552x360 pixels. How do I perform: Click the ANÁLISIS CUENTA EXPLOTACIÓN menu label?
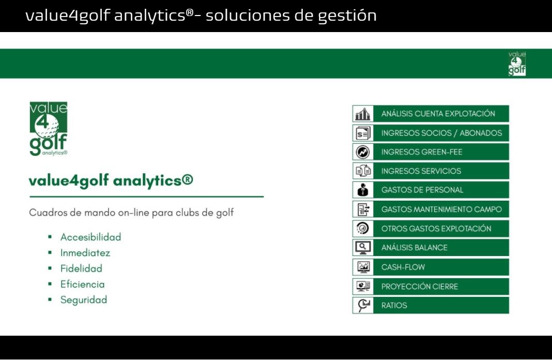(438, 113)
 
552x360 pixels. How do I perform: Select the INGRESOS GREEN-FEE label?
(422, 152)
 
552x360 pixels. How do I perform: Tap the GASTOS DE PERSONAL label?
(422, 190)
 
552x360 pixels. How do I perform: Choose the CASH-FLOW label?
(403, 267)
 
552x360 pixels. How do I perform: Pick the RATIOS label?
(394, 305)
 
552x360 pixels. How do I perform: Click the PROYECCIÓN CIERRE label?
(420, 287)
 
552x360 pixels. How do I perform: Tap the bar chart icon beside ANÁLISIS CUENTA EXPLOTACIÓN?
(363, 114)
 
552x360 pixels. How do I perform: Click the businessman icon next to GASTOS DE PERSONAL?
(363, 190)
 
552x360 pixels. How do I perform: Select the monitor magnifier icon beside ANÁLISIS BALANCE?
(363, 248)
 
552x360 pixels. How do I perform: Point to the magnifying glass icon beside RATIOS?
(363, 305)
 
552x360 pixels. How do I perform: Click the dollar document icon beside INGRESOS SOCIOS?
(363, 133)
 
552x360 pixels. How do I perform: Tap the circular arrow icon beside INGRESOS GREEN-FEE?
(363, 152)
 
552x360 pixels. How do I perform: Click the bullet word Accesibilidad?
(90, 237)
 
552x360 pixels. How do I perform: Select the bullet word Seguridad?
(83, 300)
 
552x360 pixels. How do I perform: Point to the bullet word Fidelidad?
(81, 268)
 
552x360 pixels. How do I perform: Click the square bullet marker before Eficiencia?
(50, 284)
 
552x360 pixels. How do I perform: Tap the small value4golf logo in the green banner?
(517, 64)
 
